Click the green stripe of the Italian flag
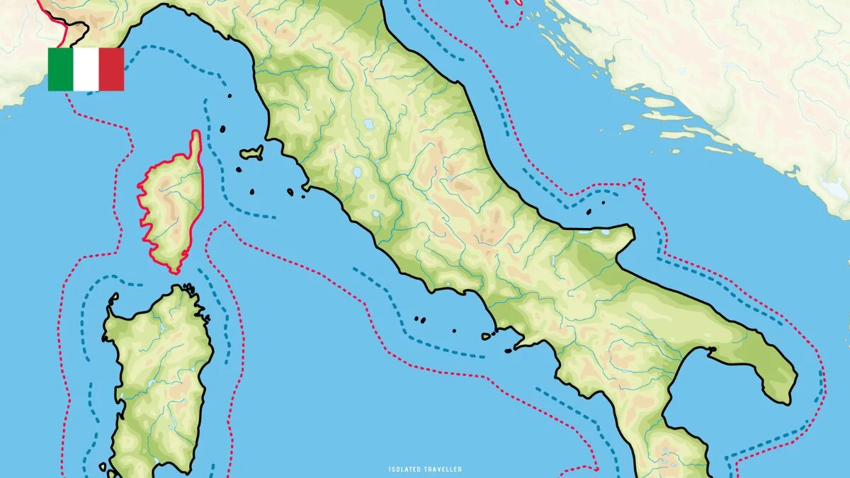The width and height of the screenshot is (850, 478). (60, 69)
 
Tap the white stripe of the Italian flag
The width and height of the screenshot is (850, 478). (86, 69)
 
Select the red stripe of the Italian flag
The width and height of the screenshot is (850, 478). (111, 69)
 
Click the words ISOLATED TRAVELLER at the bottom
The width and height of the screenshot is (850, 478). (425, 469)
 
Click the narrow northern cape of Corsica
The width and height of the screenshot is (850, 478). (195, 142)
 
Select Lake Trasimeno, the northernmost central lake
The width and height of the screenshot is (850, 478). (368, 124)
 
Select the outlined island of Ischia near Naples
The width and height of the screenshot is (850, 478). (454, 329)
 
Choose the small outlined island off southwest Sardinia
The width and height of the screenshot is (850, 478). (104, 467)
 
